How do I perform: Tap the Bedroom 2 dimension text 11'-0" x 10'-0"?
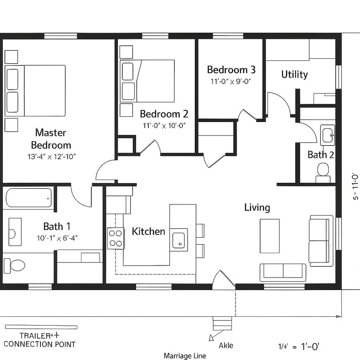coord(164,125)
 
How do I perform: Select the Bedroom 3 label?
coord(231,70)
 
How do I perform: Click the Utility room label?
coord(294,74)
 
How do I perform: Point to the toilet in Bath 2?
coord(323,172)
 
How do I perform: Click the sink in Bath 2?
coord(328,135)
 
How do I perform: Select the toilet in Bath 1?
coord(15,264)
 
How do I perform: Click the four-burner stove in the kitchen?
coord(116,238)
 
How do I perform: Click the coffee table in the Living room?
coord(270,236)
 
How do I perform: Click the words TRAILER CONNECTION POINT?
coord(40,340)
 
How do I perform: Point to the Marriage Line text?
coord(185,356)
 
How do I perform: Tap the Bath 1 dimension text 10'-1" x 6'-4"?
coord(57,238)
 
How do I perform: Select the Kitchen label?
coord(148,232)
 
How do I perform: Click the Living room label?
coord(257,208)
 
